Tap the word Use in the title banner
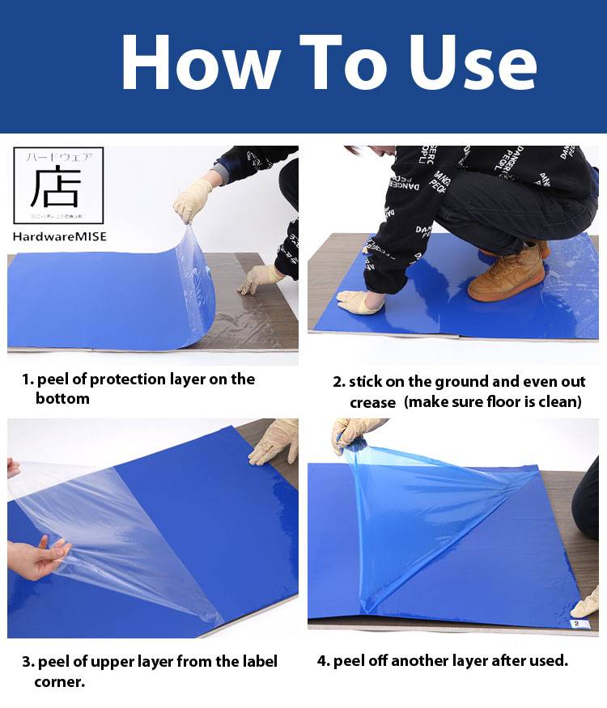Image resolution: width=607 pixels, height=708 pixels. click(472, 63)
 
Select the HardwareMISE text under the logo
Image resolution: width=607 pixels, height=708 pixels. click(60, 237)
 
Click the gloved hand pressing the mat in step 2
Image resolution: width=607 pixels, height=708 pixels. click(359, 302)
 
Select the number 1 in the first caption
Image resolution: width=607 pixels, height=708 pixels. click(26, 379)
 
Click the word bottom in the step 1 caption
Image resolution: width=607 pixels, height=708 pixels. click(62, 399)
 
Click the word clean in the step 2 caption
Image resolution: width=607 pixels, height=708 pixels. click(558, 402)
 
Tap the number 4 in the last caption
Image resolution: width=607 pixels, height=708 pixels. click(322, 661)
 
